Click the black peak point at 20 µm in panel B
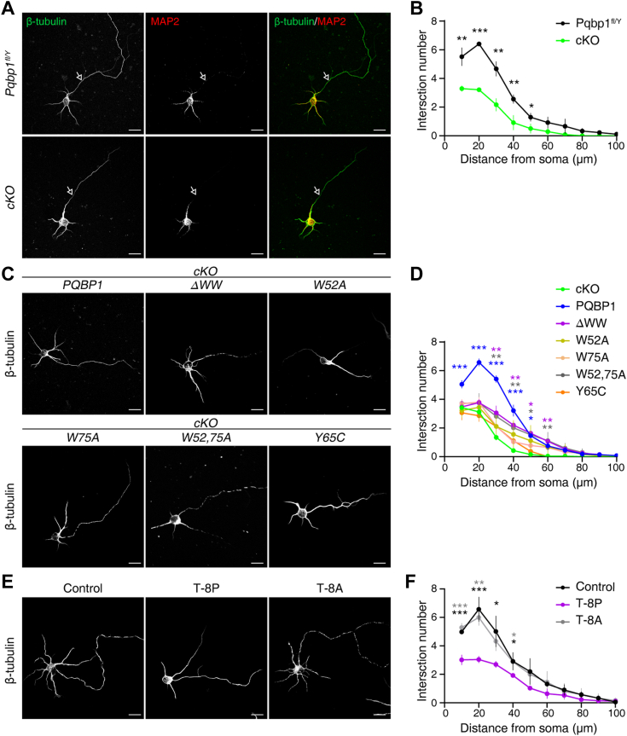tap(479, 44)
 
